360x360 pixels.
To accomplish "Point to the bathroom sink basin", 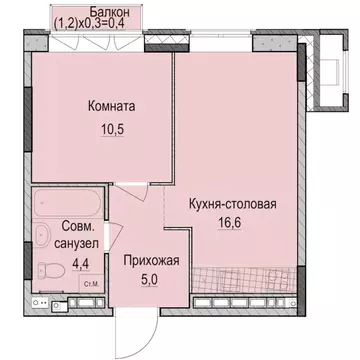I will click(x=42, y=236).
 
